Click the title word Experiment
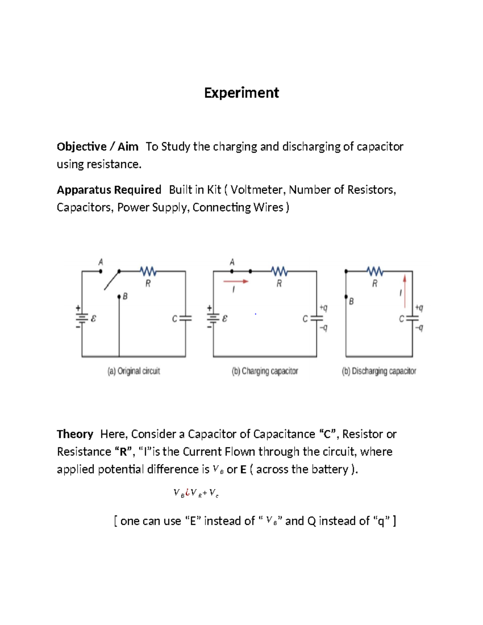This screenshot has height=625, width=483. tap(242, 93)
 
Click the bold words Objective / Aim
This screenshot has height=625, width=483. tap(97, 146)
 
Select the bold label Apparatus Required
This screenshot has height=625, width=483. tap(109, 190)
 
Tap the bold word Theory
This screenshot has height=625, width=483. tap(75, 434)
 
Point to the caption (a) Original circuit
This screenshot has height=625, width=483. tap(134, 371)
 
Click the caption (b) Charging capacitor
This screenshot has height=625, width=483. tap(265, 371)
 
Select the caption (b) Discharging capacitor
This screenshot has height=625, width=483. tap(379, 371)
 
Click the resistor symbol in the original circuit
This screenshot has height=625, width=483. tap(148, 271)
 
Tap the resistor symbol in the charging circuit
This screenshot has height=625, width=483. tap(279, 271)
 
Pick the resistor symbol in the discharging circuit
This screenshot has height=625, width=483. tap(375, 271)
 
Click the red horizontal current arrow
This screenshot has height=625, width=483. tap(236, 281)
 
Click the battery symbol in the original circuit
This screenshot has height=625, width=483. tap(82, 318)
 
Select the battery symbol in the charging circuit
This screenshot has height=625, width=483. tap(213, 318)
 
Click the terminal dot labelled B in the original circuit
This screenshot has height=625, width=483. tap(119, 297)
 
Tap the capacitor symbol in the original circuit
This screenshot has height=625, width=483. tap(186, 318)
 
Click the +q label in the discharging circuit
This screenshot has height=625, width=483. tap(419, 308)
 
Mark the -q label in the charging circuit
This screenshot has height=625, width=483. tap(324, 328)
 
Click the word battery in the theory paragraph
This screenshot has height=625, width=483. tap(332, 469)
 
